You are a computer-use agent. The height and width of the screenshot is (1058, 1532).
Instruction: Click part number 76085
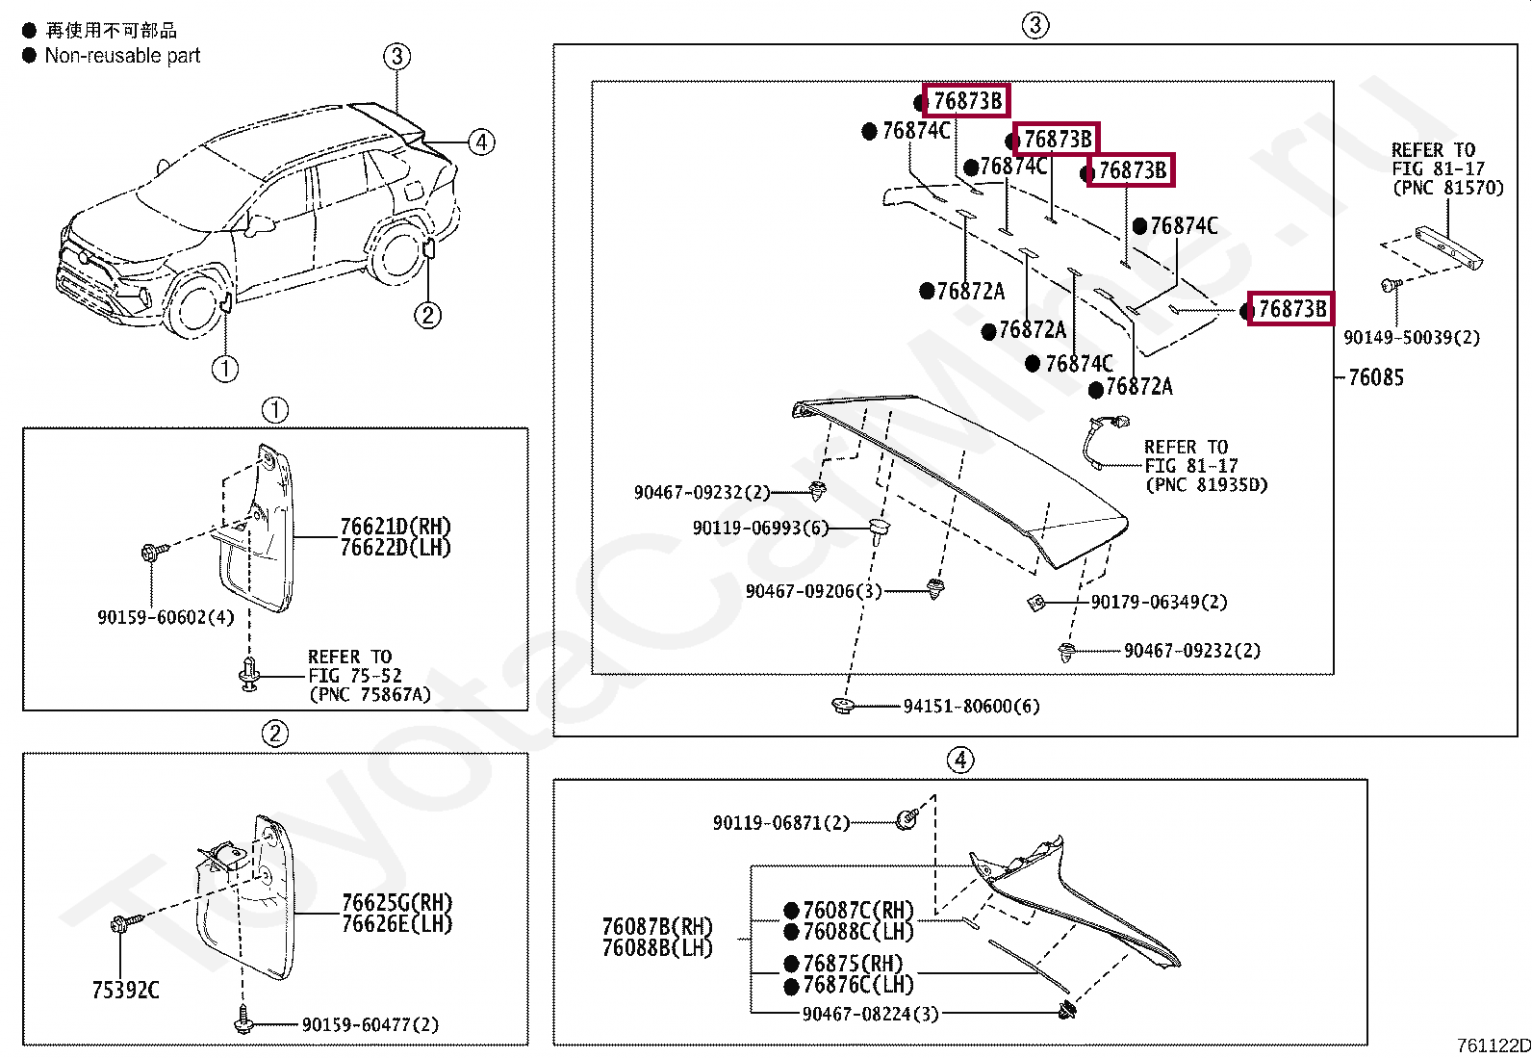pos(1375,377)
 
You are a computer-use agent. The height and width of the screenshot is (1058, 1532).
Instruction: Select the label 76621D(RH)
pos(395,527)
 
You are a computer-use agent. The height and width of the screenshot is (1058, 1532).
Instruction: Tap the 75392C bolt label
pos(125,990)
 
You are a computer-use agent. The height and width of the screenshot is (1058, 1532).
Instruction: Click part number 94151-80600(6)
pos(971,706)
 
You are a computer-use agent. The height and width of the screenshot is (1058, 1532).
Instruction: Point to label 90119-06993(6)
pos(759,528)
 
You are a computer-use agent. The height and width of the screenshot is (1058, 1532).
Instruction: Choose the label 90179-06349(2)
pos(1159,602)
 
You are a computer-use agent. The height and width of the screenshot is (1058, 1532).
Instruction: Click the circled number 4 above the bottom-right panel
pos(959,760)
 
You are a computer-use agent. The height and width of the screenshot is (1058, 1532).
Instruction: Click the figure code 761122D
pos(1493,1046)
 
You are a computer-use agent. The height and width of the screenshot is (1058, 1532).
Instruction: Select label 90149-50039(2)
pos(1411,337)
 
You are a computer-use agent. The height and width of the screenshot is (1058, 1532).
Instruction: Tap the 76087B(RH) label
pos(657,926)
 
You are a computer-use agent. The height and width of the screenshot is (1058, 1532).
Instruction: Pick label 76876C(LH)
pos(857,985)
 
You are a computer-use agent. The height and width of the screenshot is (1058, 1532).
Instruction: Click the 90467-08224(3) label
pos(870,1014)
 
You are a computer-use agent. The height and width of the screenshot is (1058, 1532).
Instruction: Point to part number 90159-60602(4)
pos(166,617)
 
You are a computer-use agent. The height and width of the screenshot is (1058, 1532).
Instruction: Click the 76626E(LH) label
pos(396,923)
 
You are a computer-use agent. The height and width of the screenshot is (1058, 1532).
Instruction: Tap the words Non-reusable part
pos(122,56)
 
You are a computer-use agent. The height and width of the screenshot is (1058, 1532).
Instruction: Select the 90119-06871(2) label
pos(780,822)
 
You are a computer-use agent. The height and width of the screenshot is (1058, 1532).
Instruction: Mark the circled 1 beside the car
pos(224,368)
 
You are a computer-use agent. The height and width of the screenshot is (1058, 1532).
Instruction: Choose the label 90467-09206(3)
pos(813,591)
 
